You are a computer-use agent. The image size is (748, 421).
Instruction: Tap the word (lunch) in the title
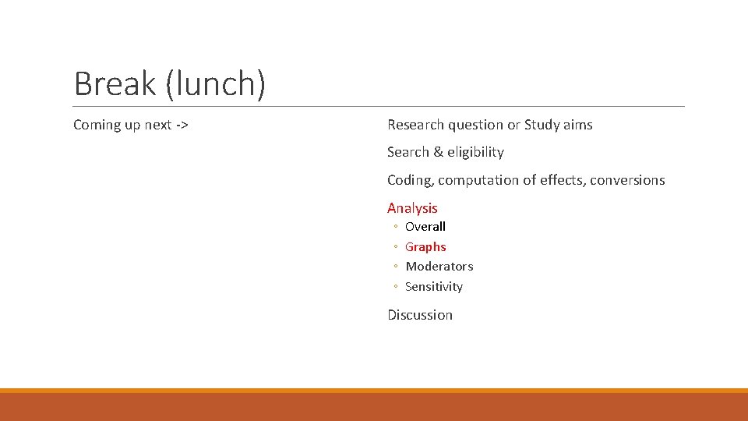216,84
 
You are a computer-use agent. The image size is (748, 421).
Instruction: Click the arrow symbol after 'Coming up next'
182,125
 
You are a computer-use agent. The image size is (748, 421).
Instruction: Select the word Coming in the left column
97,125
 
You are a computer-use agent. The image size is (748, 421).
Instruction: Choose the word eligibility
475,152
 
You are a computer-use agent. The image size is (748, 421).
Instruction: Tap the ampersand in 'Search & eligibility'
438,152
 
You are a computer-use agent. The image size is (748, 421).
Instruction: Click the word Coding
410,180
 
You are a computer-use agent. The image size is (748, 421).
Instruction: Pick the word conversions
627,180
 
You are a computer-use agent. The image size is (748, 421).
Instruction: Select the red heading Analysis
412,208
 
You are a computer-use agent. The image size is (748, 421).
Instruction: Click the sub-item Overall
425,227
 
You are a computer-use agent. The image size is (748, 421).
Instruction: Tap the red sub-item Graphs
425,247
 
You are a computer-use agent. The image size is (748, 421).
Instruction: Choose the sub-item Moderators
439,267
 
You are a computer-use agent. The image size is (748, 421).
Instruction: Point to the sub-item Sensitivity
434,287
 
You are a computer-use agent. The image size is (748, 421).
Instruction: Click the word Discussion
420,315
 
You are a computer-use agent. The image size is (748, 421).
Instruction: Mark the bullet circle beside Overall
396,228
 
